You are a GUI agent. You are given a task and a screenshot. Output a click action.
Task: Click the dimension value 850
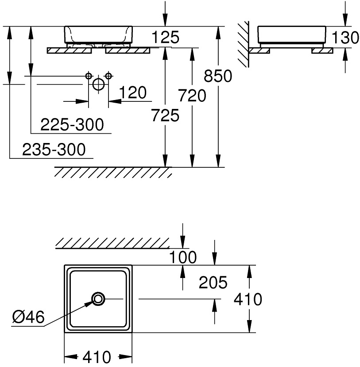point(218,76)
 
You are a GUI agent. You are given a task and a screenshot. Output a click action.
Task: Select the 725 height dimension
point(165,116)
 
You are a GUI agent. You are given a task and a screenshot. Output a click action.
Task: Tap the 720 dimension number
point(192,95)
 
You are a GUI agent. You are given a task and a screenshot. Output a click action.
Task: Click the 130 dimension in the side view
point(345,38)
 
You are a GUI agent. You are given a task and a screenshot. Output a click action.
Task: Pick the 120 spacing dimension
point(132,93)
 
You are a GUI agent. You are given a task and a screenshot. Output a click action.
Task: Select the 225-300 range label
point(72,125)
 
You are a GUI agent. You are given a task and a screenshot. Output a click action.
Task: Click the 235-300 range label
point(54,150)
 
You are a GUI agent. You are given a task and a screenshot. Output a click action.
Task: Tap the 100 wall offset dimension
point(183,257)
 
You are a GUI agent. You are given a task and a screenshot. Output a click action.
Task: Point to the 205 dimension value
point(213,282)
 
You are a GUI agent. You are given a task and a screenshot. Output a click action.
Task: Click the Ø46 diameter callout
point(29,317)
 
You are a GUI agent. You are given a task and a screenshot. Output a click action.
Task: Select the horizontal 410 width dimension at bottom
point(98,357)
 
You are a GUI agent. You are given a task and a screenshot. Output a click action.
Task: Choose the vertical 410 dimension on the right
point(248,300)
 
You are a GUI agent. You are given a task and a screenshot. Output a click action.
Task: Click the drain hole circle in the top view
point(98,299)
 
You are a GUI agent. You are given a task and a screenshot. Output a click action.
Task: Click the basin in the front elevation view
point(98,35)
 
